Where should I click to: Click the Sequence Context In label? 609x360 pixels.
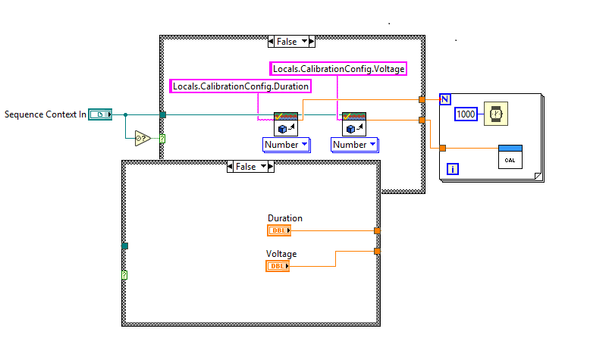click(45, 114)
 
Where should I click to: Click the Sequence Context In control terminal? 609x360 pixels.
click(99, 114)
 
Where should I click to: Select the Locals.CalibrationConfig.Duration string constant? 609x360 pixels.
click(240, 86)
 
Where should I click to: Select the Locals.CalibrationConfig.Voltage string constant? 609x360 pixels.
click(338, 69)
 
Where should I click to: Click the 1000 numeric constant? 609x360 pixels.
click(466, 113)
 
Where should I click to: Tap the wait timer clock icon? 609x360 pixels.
click(495, 113)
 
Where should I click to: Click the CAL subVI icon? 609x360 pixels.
click(510, 156)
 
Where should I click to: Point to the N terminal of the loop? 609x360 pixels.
click(445, 99)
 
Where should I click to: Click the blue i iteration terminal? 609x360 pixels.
click(453, 168)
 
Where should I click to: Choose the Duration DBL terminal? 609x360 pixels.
click(278, 230)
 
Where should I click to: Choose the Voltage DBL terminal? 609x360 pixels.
click(278, 266)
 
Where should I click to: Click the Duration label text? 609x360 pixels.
click(284, 218)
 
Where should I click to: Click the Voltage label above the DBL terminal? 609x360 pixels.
click(281, 254)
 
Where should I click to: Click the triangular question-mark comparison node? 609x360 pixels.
click(142, 138)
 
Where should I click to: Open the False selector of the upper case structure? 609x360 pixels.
click(291, 41)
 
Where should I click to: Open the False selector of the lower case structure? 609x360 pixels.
click(251, 167)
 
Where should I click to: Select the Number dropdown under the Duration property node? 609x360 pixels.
click(286, 144)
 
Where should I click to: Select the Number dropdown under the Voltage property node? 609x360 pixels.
click(354, 144)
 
